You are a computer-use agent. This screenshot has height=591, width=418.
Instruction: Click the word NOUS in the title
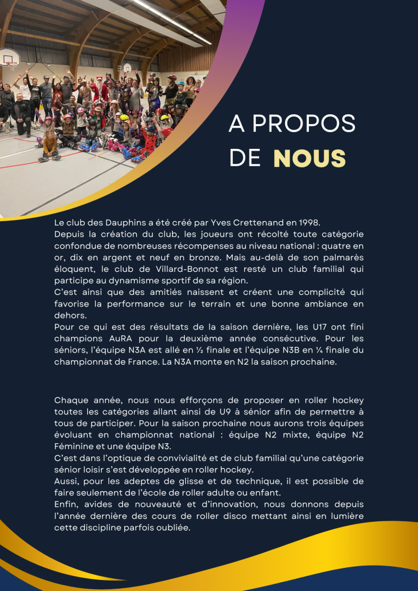coord(309,158)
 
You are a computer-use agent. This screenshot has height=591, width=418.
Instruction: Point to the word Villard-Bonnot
coord(171,269)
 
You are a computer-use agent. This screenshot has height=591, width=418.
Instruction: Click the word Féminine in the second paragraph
coord(73,446)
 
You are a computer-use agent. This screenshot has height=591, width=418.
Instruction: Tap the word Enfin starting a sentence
coord(66,504)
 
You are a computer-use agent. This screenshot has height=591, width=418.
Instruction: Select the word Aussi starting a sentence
coord(66,481)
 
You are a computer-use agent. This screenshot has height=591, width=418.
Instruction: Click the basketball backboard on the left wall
coord(9,57)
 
